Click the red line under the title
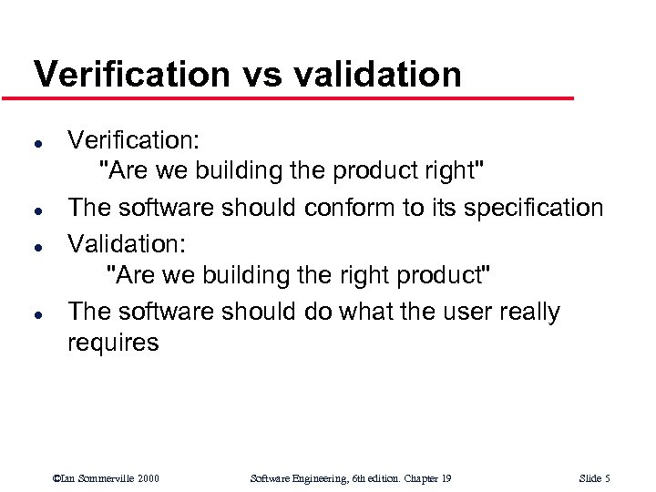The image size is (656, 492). click(x=301, y=97)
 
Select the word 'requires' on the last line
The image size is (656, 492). click(x=113, y=343)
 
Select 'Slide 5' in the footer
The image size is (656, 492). click(x=594, y=478)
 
